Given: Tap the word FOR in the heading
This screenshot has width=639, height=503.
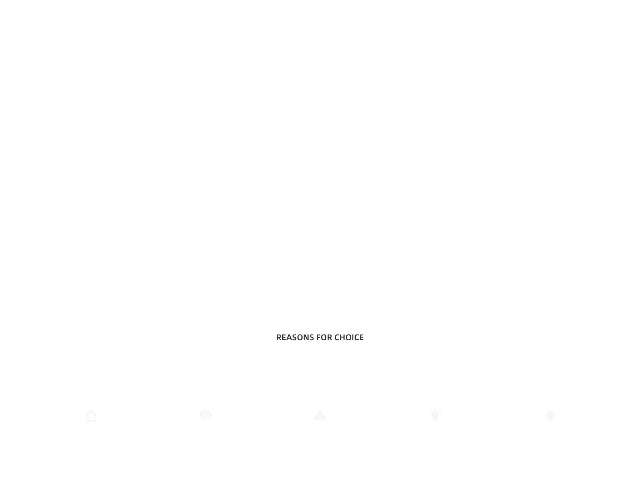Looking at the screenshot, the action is point(324,338).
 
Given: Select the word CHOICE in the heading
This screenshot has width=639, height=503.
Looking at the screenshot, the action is point(349,338).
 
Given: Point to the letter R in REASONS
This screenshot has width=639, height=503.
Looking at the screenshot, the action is point(279,338).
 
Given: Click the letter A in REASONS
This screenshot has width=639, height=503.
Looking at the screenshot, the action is point(290,338).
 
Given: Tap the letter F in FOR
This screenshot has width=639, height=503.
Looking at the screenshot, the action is point(319,338).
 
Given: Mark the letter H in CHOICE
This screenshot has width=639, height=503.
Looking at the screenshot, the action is point(342,338).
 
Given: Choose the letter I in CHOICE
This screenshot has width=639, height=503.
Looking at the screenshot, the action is point(352,338).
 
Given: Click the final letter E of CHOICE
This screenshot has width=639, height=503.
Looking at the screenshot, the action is point(361,338).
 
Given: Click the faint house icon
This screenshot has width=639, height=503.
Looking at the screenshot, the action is point(91,415).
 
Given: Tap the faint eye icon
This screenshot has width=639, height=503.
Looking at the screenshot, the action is point(206,414).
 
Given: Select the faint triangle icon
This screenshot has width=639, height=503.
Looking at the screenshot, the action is point(320,415).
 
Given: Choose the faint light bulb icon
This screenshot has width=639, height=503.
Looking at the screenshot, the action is point(435,415).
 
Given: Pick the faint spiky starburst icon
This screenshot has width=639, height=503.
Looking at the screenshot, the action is point(550,415).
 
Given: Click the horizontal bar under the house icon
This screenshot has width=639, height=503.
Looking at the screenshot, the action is point(91,421).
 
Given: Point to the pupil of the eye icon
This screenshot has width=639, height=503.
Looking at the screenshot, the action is point(206,414).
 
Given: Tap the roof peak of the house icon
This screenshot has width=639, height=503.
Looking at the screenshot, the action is point(91,410).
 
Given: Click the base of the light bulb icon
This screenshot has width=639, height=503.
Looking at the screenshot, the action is point(435,420).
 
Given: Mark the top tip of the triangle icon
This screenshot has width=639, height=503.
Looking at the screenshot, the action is point(320,409).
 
